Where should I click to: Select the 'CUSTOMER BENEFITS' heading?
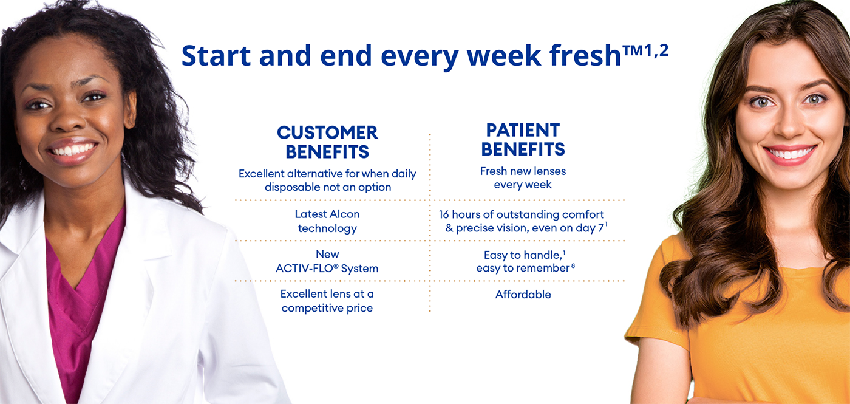[327, 142]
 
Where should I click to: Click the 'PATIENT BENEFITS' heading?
[523, 139]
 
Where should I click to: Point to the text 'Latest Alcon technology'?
[327, 221]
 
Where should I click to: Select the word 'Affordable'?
[523, 295]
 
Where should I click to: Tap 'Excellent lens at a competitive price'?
[327, 301]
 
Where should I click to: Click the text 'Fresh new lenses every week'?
[523, 178]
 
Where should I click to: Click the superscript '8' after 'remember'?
[573, 265]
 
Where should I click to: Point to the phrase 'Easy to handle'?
[518, 255]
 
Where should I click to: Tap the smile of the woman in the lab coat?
[72, 149]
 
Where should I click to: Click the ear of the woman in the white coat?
[130, 109]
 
